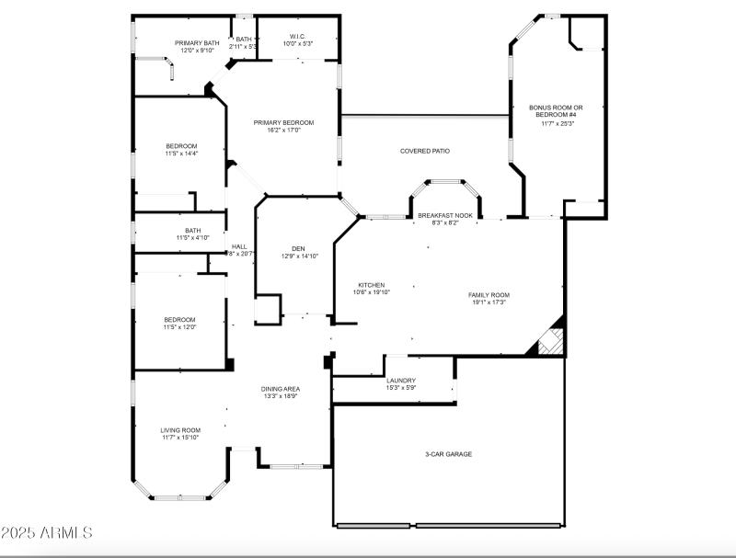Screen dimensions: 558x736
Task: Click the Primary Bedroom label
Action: [x=283, y=122]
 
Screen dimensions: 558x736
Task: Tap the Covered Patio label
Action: [x=424, y=151]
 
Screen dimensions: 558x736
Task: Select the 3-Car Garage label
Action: [x=448, y=453]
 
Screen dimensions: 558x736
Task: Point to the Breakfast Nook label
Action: [x=445, y=215]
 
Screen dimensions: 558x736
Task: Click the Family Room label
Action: [x=489, y=295]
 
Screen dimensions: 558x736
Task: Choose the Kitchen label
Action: [x=372, y=285]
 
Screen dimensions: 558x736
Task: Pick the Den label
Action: [x=298, y=248]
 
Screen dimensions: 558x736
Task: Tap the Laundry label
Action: [x=401, y=380]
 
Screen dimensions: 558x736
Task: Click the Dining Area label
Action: [x=280, y=389]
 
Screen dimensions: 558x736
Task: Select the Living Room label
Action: [x=180, y=429]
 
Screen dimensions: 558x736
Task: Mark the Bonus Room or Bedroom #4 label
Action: [x=556, y=111]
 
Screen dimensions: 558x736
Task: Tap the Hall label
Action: [x=239, y=246]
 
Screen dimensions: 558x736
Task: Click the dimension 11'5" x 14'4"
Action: [x=181, y=154]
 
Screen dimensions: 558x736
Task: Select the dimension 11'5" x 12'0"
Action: [x=180, y=326]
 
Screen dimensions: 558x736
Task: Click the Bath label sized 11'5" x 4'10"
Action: [x=192, y=231]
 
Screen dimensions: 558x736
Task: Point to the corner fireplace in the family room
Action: [x=549, y=341]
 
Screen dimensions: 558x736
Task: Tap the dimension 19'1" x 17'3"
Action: [x=489, y=302]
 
